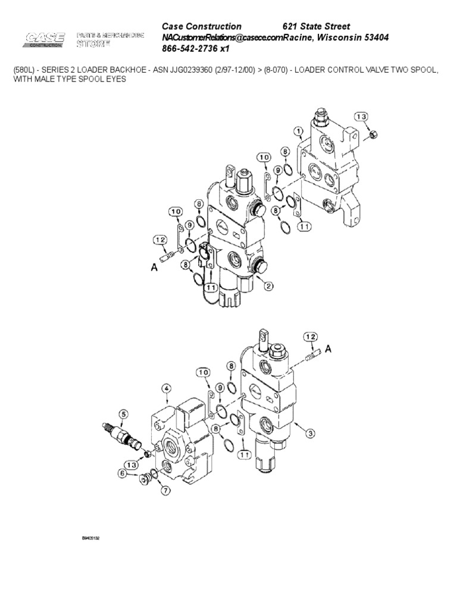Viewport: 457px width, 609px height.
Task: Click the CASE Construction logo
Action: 45,40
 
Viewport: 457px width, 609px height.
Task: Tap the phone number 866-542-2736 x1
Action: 196,49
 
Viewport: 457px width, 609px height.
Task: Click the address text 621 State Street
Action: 315,26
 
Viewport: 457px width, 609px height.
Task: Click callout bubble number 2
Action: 268,286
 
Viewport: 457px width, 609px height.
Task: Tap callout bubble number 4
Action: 167,389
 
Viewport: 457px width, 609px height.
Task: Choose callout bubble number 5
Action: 123,414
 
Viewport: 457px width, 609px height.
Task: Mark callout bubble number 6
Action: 123,473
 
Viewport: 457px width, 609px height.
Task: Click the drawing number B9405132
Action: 90,538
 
